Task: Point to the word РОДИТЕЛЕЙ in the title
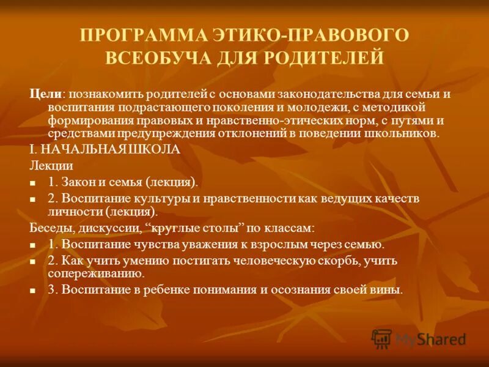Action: pyautogui.click(x=323, y=58)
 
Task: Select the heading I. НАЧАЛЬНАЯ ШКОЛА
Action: pyautogui.click(x=105, y=149)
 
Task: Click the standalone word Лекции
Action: pyautogui.click(x=51, y=165)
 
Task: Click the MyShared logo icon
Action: pyautogui.click(x=381, y=338)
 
